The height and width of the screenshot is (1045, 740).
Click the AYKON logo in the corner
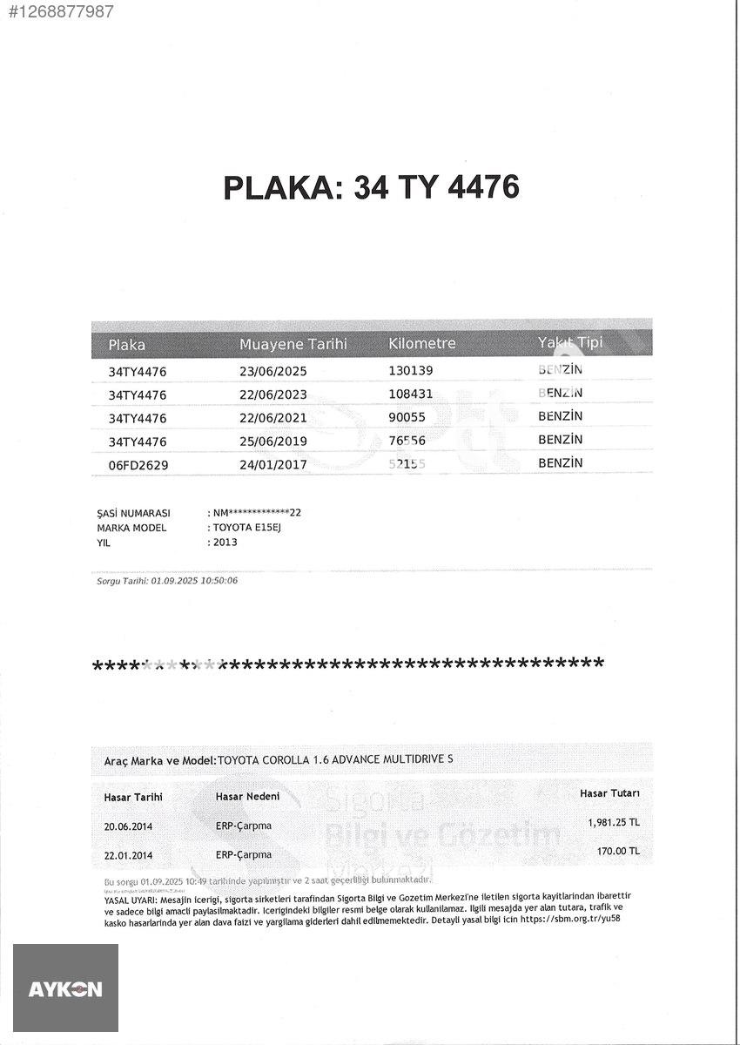65,988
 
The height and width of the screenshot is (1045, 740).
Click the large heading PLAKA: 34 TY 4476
371,187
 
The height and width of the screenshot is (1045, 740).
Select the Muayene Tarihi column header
293,344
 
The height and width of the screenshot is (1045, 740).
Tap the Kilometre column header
421,343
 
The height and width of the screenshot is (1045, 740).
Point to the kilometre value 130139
411,371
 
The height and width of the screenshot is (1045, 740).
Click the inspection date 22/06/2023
273,394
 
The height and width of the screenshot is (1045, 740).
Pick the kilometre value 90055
407,417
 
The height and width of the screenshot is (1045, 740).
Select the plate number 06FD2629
138,465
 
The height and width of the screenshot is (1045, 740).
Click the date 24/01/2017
273,465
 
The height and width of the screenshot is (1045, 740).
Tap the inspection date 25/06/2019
273,442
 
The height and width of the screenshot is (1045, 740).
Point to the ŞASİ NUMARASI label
133,513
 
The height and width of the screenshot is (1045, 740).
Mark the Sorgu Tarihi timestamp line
167,580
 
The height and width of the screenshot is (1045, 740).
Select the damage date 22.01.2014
128,855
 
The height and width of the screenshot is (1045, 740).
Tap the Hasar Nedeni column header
247,796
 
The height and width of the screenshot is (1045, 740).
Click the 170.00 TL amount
618,851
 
